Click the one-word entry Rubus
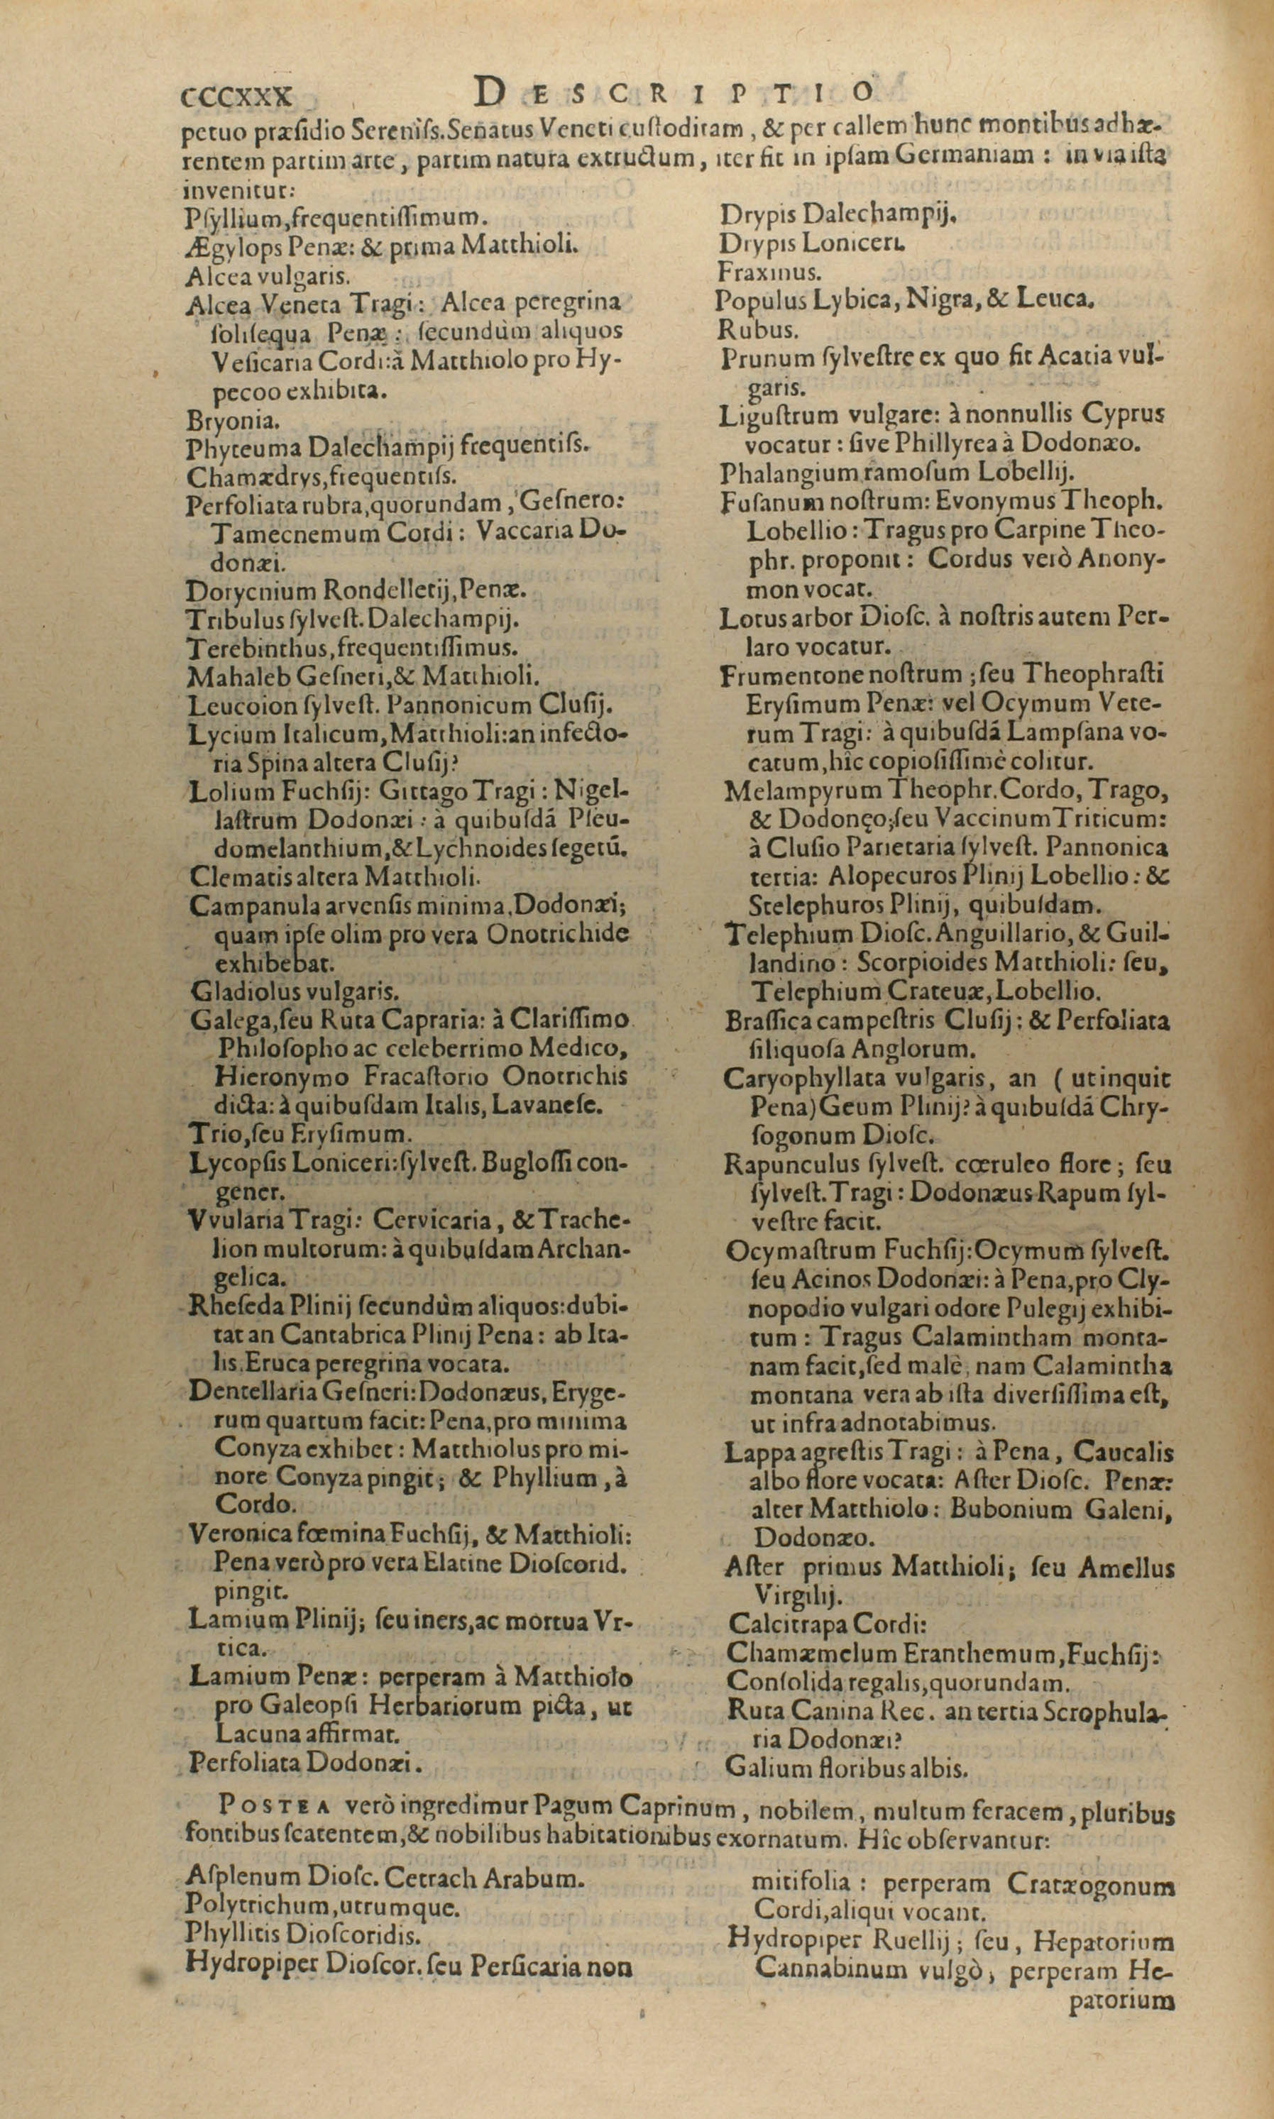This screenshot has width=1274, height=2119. [x=746, y=329]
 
